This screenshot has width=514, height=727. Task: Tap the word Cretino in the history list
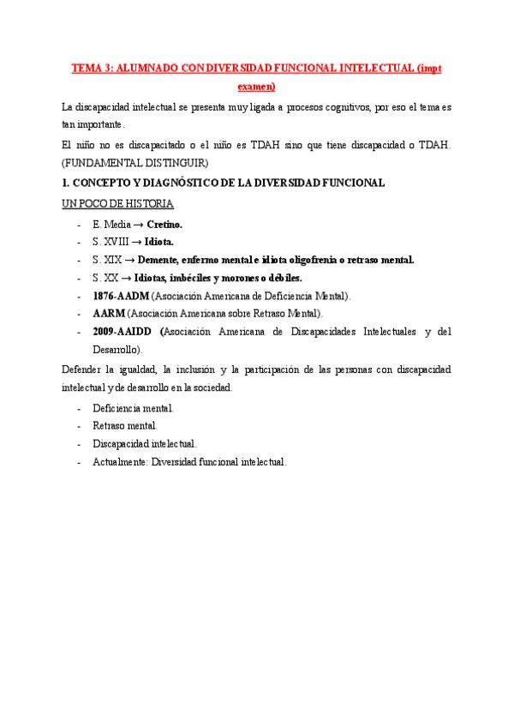pos(164,224)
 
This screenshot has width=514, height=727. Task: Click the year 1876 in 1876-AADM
pos(105,296)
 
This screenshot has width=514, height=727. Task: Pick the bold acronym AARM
pos(109,314)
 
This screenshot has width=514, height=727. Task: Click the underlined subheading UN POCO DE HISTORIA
pos(117,204)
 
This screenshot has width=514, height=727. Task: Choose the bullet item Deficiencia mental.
pos(133,408)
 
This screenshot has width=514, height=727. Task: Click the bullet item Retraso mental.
pos(125,426)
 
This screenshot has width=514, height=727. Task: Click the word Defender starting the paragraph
pos(81,370)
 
